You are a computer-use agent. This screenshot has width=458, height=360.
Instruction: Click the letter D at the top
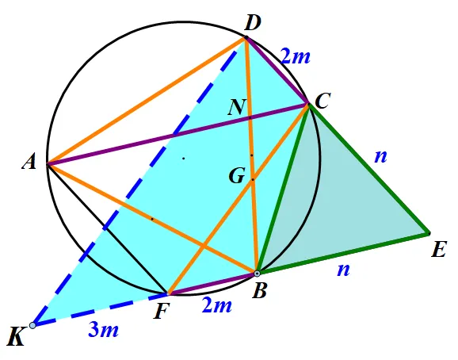[x=252, y=23]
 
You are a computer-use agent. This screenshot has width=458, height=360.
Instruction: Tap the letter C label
[x=323, y=101]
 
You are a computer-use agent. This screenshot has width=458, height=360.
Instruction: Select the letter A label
[x=29, y=162]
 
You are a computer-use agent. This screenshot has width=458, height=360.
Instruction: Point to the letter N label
[x=237, y=107]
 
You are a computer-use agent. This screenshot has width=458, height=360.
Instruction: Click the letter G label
[x=237, y=176]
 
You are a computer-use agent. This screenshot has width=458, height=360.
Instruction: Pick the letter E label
[x=439, y=250]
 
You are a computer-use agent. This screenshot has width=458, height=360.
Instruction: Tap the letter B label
[x=260, y=291]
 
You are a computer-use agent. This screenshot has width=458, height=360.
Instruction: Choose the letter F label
[x=162, y=312]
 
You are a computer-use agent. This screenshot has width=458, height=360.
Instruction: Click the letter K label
[x=16, y=337]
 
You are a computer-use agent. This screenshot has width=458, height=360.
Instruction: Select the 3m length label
[x=103, y=330]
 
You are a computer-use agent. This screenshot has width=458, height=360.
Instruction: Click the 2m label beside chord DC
[x=295, y=56]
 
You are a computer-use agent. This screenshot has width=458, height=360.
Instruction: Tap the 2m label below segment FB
[x=217, y=305]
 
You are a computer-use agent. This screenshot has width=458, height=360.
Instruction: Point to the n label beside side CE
[x=380, y=157]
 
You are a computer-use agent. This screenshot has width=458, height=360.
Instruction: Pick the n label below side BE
[x=343, y=270]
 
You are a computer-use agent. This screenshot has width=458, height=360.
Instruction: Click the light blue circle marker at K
[x=32, y=325]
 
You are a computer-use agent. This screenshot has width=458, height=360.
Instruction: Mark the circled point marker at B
[x=257, y=274]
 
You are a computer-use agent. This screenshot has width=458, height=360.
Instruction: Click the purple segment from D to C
[x=277, y=70]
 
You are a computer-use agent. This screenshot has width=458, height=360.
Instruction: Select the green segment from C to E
[x=368, y=169]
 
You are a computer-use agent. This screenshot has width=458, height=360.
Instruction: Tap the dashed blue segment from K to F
[x=100, y=309]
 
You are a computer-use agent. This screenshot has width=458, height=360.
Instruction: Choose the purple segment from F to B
[x=212, y=283]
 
